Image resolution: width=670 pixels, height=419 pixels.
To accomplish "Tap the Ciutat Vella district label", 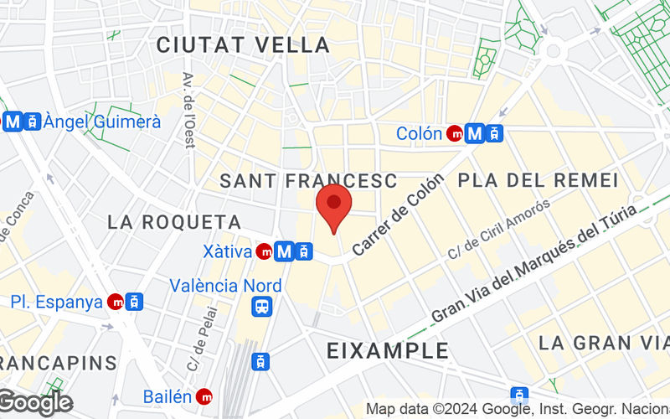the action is coord(243,44).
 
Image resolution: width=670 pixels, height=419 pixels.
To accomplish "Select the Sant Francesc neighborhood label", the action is coord(308,180).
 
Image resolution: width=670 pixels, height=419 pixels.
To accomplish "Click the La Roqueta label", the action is coord(174,222).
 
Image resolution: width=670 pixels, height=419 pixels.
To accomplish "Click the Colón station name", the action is coord(419,133).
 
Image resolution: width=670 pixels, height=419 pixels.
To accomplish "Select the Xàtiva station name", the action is coord(229,251).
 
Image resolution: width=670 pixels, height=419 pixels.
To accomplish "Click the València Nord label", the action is coord(225,285).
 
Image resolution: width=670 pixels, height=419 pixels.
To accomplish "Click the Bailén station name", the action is coord(167,396).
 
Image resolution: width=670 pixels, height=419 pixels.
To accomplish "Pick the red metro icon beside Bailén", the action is coord(204,396).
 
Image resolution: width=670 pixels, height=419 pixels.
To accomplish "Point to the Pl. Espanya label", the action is coord(57,302).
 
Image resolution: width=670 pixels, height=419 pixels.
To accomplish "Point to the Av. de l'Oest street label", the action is coord(189,109).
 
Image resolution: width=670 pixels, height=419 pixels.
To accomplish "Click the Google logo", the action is coord(35,402).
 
